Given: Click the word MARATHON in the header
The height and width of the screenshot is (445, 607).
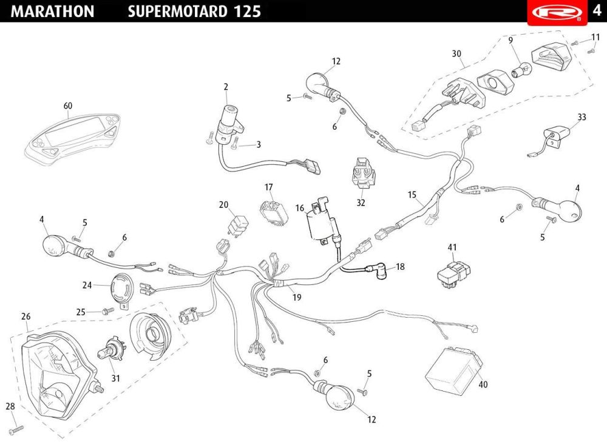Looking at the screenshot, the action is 53,12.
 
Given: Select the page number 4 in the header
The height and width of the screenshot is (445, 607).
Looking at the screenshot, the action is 596,12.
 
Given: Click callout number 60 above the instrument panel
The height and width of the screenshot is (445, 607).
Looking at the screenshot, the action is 68,106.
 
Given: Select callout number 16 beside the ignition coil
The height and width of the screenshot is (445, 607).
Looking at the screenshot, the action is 300,209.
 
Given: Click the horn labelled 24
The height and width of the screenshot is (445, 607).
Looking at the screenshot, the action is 121,287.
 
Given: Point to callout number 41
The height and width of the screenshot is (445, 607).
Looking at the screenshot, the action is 452,247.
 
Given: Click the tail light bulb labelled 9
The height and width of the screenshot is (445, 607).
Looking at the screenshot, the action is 520,72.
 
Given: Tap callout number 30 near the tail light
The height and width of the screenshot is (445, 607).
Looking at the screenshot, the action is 456,53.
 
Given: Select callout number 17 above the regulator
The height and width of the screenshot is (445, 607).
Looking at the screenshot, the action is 269,187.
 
